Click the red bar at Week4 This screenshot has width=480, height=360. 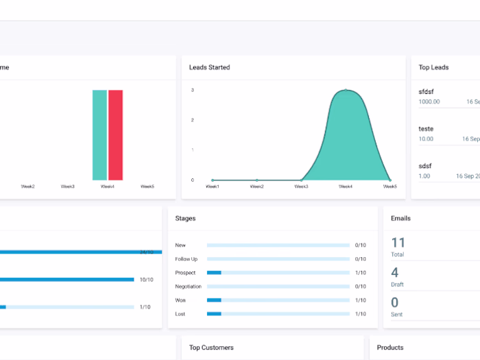pos(115,134)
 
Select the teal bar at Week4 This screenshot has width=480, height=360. pos(100,134)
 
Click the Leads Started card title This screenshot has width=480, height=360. pos(209,67)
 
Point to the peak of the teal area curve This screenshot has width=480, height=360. pos(346,91)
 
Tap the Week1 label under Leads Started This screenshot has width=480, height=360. pos(213,187)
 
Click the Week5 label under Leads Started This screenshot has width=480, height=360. pos(389,187)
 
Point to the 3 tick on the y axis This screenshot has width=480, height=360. pos(192,91)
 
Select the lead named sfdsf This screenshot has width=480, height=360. pos(426,91)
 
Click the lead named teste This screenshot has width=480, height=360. pos(426,128)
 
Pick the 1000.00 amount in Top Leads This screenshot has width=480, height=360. pos(429,101)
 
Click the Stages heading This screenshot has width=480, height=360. pos(185,218)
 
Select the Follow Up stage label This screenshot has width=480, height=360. pos(186,259)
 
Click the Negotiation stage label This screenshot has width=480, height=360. pos(188,286)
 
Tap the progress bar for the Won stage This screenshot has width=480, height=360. pos(278,300)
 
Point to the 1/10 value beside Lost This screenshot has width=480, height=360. pos(360,313)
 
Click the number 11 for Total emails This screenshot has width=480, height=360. pos(398,242)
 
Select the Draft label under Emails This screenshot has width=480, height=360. pos(397,285)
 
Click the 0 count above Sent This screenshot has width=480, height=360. pos(394,302)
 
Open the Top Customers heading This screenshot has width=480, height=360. pos(211,348)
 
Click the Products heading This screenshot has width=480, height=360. pos(390,348)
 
